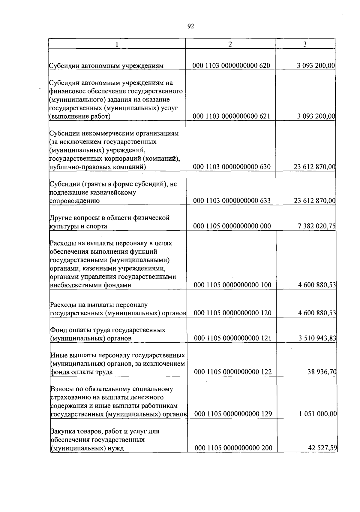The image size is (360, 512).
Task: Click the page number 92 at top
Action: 191,26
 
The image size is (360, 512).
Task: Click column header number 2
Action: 230,44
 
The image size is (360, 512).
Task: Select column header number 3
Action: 305,44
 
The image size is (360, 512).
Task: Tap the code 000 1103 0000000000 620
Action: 231,66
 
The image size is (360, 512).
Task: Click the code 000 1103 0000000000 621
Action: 231,117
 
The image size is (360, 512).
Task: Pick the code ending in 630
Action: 232,167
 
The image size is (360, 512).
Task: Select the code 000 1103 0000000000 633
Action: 232,201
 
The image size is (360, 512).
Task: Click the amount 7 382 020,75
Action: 316,226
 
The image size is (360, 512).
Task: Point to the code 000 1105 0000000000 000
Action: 232,226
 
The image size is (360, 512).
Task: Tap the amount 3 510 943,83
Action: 317,338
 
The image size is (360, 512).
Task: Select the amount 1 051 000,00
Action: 318,414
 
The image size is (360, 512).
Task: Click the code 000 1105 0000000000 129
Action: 233,414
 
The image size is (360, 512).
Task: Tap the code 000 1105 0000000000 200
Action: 233,448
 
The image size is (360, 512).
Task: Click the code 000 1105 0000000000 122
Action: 233,372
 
